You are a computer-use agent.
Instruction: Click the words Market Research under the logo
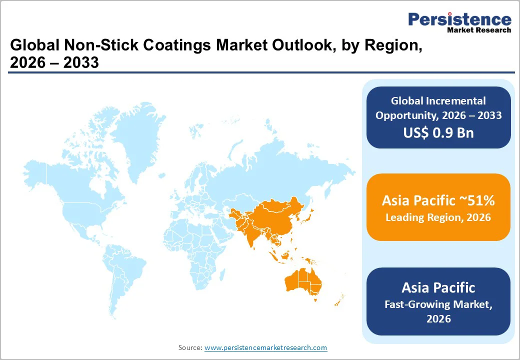point(479,30)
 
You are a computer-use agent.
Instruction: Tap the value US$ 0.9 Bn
point(438,132)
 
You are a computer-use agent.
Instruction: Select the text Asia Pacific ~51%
point(438,200)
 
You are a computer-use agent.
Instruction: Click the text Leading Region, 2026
point(438,217)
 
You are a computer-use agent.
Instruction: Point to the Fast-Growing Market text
point(438,304)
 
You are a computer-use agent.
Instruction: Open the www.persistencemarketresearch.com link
point(265,347)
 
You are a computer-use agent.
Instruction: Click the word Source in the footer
point(190,347)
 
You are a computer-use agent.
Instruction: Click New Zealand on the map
point(338,300)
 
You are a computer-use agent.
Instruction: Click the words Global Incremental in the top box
point(438,101)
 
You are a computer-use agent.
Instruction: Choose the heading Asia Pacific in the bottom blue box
point(438,287)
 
